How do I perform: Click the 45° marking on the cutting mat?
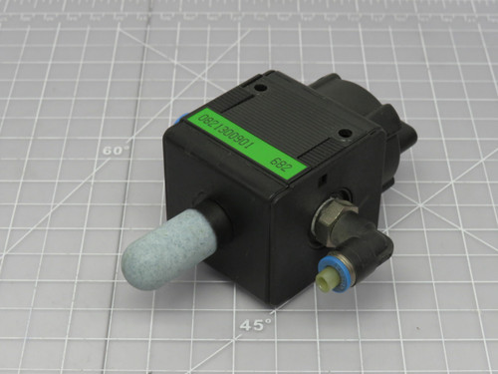pos(256,324)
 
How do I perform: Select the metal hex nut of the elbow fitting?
pos(331,211)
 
